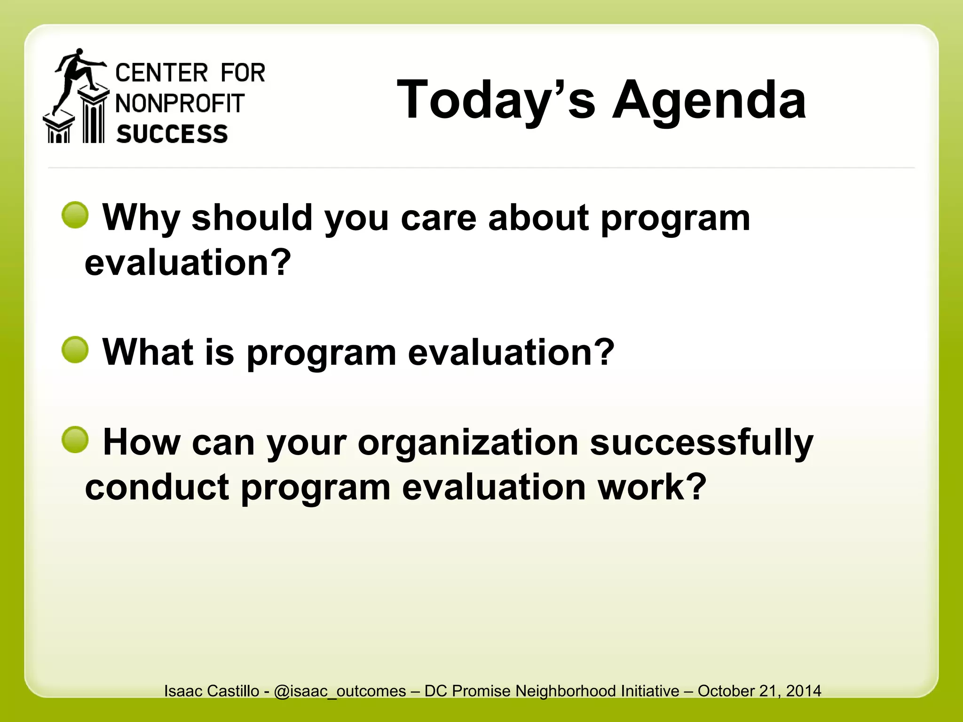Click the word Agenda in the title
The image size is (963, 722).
709,100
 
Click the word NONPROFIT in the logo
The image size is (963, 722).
180,104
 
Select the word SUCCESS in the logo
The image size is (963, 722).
172,134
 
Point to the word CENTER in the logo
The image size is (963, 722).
161,73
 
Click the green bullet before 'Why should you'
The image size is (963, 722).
75,215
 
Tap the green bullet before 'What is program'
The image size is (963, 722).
75,350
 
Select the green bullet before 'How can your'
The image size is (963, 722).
75,440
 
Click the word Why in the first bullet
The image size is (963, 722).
141,218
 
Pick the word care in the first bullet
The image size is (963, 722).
438,218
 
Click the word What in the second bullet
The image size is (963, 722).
148,353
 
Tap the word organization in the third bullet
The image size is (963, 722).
468,443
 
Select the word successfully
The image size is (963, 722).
701,443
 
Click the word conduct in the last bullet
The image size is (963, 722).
157,487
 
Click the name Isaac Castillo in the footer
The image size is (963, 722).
212,691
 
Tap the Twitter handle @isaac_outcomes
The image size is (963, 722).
339,691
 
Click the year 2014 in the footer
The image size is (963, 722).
804,691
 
